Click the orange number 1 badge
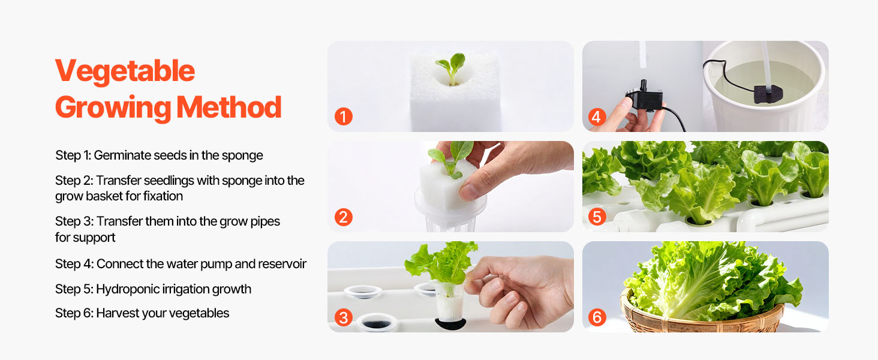tap(344, 116)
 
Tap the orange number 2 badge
tap(344, 217)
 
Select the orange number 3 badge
tap(344, 317)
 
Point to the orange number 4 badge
tap(597, 116)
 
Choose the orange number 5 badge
tap(597, 217)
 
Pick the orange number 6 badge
tap(597, 317)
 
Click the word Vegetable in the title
tap(125, 71)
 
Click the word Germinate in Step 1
tap(122, 155)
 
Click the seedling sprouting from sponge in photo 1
tap(452, 67)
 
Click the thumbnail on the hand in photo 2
tap(469, 192)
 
